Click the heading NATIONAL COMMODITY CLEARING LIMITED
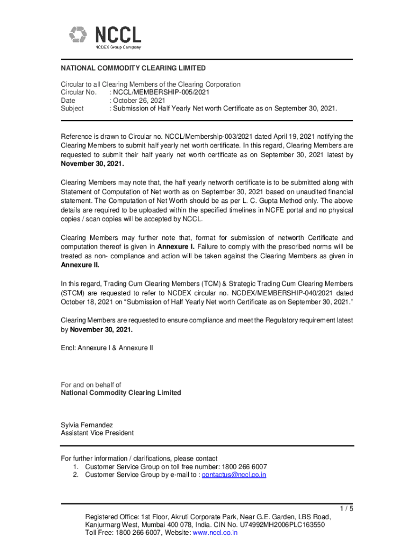pyautogui.click(x=133, y=68)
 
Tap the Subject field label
pyautogui.click(x=72, y=108)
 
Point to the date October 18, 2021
pyautogui.click(x=85, y=302)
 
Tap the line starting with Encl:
pyautogui.click(x=106, y=348)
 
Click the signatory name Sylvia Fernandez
pyautogui.click(x=87, y=425)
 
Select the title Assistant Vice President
pyautogui.click(x=97, y=433)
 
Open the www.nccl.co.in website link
pyautogui.click(x=215, y=533)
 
